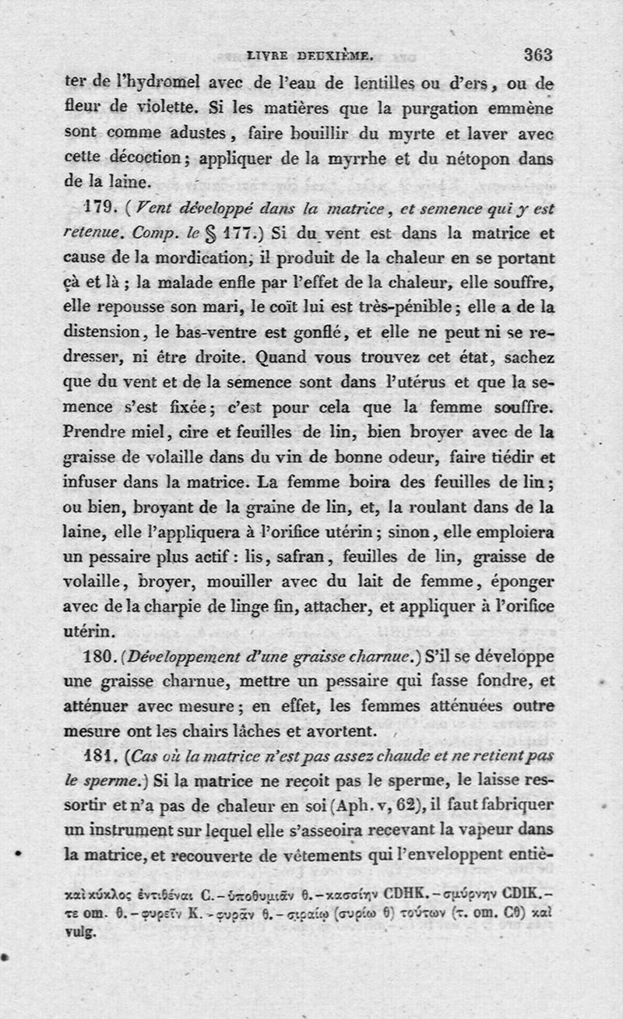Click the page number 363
(x=537, y=55)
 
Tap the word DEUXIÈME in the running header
(x=343, y=56)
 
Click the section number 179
(x=99, y=209)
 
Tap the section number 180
(x=99, y=658)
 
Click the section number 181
(x=99, y=757)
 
